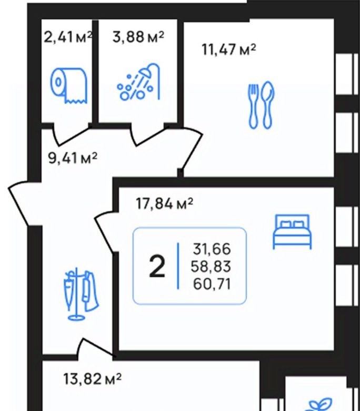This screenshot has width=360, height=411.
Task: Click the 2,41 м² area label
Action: [68, 37]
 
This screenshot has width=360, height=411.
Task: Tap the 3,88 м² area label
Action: [138, 37]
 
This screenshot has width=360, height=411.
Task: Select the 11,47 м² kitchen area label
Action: [229, 50]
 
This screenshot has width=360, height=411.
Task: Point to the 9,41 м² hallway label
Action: [73, 158]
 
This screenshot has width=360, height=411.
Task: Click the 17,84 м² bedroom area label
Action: [165, 203]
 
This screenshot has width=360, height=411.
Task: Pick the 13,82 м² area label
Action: [93, 379]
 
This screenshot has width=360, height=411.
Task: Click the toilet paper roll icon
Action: [68, 85]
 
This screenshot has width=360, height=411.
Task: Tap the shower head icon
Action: [138, 82]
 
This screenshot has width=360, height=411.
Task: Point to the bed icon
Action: [292, 231]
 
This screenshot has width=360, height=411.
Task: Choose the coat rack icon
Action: [81, 294]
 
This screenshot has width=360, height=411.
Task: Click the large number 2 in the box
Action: [157, 267]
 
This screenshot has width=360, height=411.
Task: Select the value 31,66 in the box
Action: [212, 249]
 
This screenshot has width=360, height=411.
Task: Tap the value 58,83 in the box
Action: [211, 266]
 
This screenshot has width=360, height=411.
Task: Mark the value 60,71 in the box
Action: [212, 284]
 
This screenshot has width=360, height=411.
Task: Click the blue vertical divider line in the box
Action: [178, 266]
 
